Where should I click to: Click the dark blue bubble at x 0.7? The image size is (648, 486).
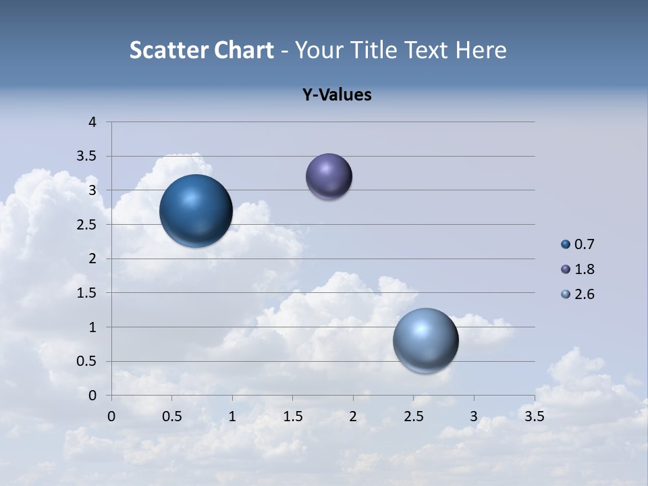(196, 211)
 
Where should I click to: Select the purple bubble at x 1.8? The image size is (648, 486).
(329, 176)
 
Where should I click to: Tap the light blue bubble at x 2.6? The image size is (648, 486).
(425, 340)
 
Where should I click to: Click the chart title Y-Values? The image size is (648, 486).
(337, 95)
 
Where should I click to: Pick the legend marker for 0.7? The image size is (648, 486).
(566, 244)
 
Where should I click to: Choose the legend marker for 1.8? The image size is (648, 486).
(566, 269)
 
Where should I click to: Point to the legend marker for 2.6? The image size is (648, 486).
(566, 294)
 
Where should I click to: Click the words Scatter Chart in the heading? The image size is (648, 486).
(201, 50)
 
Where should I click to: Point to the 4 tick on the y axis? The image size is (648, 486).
(93, 122)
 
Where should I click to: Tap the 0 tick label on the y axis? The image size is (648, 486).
(93, 396)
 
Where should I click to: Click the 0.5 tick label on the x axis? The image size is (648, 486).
(172, 416)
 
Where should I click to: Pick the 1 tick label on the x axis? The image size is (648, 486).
(232, 416)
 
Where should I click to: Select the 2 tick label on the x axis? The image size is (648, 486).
(353, 416)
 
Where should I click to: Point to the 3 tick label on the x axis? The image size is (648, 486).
(474, 416)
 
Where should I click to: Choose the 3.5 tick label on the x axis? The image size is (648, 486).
(534, 416)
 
